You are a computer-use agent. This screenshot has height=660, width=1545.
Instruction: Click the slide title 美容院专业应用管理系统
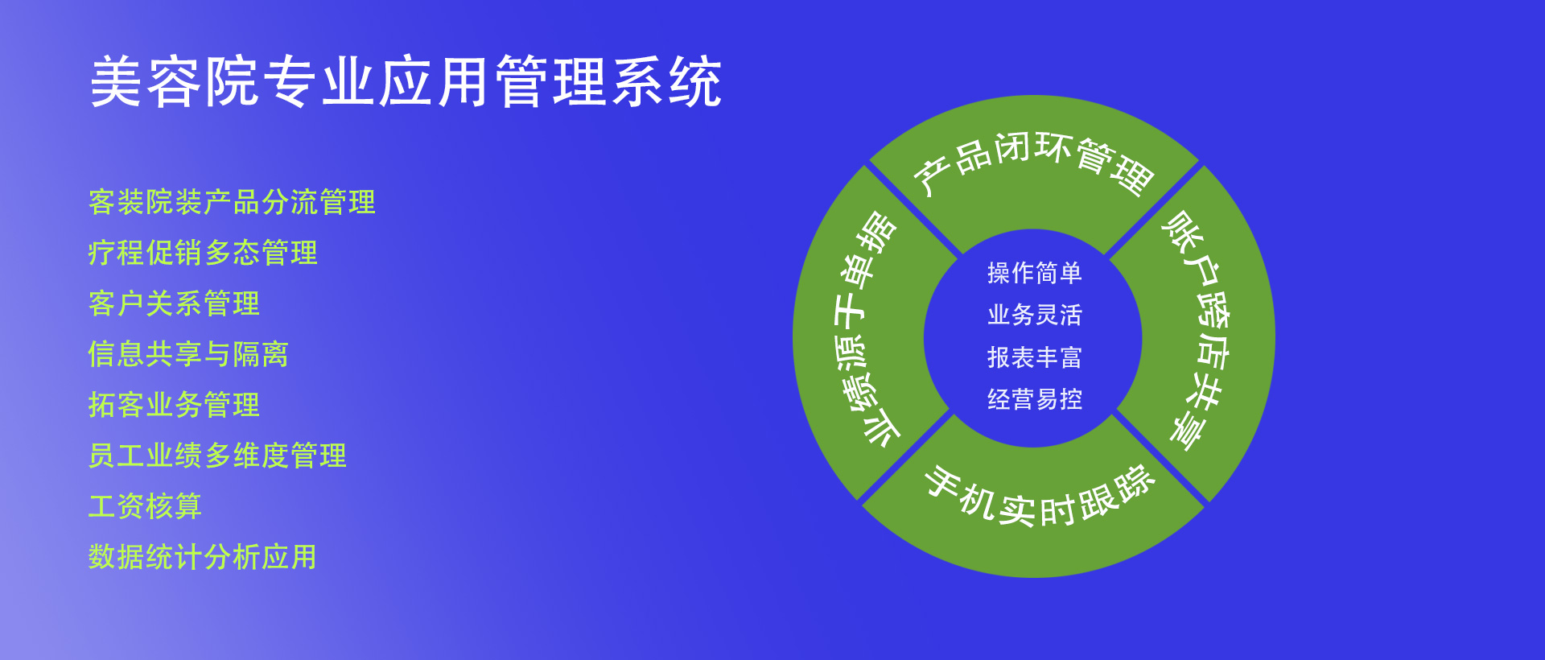click(x=406, y=82)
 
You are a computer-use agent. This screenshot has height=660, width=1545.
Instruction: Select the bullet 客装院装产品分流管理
click(x=232, y=202)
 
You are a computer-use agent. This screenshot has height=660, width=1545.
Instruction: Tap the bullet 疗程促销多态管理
click(x=203, y=253)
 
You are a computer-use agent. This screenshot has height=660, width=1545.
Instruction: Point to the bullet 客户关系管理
click(x=174, y=303)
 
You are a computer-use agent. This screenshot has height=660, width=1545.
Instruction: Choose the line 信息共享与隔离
click(x=188, y=354)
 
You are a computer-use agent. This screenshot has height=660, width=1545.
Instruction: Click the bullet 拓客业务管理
click(x=174, y=405)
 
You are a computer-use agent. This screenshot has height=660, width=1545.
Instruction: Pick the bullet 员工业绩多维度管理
click(x=217, y=456)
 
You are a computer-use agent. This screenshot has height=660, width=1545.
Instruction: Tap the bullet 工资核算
click(x=145, y=506)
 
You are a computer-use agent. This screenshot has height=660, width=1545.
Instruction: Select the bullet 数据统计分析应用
click(x=203, y=557)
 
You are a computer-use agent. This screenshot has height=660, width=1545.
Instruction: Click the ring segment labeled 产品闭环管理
click(x=1035, y=161)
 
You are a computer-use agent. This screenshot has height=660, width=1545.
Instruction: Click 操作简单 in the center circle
click(x=1035, y=273)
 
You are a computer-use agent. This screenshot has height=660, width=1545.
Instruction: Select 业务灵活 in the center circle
click(x=1035, y=315)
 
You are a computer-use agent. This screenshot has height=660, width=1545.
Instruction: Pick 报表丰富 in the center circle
click(x=1035, y=357)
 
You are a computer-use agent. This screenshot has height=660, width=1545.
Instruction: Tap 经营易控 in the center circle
click(x=1035, y=399)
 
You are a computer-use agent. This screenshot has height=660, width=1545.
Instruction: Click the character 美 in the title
click(x=117, y=82)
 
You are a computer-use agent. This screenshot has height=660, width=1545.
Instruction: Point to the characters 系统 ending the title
click(x=666, y=82)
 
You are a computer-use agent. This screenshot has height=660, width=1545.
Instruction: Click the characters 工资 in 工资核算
click(x=117, y=506)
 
